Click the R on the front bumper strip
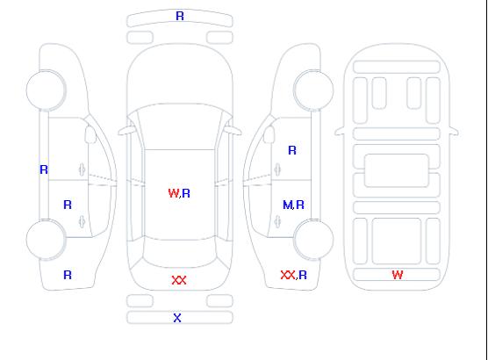[180, 16]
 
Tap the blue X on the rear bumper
[177, 318]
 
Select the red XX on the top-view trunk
[179, 280]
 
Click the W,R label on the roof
[179, 193]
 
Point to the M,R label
[293, 205]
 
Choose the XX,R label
[293, 275]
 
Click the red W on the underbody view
[398, 275]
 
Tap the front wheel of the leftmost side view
[46, 90]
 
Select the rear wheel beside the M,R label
[313, 239]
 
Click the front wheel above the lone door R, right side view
[313, 90]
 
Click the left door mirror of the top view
[126, 131]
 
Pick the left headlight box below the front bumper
[140, 38]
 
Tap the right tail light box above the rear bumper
[219, 301]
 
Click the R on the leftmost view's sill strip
[44, 169]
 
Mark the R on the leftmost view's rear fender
[68, 275]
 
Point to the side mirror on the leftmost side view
[90, 134]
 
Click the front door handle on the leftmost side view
[82, 169]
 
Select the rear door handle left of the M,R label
[277, 222]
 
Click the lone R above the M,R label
[292, 150]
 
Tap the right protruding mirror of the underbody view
[454, 131]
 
